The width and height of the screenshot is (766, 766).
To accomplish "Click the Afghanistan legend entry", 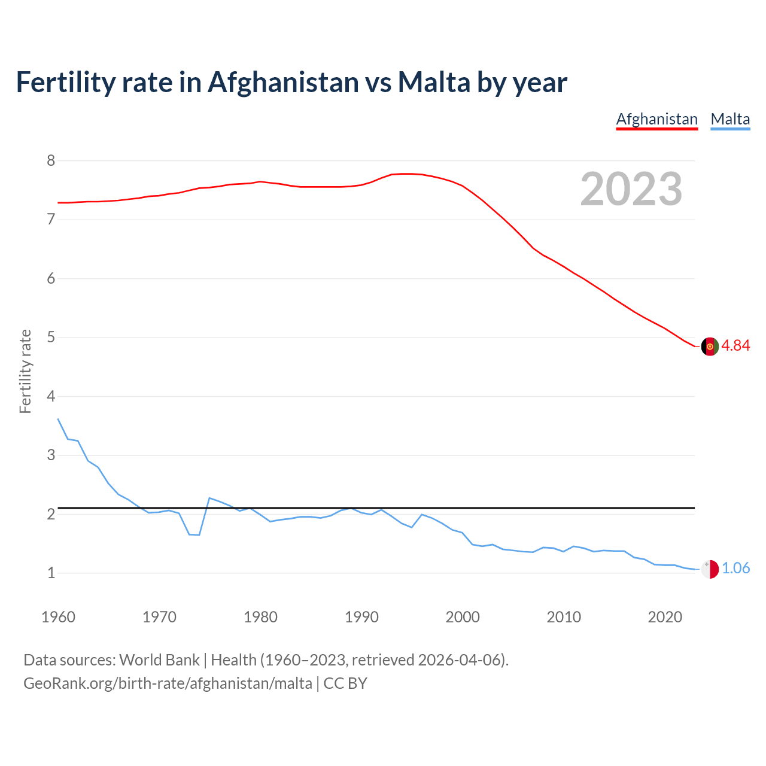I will (656, 119).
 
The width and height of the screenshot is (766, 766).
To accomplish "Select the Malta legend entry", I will (730, 119).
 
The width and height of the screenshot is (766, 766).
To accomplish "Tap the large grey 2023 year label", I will (631, 189).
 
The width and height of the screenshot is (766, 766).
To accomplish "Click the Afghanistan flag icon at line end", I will (710, 346).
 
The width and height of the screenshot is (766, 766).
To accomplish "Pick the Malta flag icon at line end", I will (710, 569).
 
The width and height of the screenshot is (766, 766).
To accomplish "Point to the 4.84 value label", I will (735, 346).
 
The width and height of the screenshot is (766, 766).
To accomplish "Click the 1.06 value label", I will (735, 569).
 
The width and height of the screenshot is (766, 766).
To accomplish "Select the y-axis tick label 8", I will (51, 160).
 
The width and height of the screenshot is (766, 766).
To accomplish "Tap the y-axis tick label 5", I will (51, 338).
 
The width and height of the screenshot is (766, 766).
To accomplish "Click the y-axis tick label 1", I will (51, 573).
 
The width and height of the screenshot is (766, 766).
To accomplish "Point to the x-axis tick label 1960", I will (58, 617).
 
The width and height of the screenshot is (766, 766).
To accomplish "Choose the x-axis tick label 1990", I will (361, 617).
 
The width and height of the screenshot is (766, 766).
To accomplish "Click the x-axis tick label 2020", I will (665, 617).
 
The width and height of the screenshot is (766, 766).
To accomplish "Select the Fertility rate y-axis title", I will (25, 371).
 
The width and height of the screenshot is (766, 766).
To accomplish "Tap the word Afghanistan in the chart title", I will (282, 83).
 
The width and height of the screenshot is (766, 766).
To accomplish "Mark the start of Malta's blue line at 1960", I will (58, 419).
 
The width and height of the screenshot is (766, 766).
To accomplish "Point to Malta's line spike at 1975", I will (209, 498).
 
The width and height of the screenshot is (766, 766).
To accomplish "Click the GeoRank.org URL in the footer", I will (168, 683).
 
